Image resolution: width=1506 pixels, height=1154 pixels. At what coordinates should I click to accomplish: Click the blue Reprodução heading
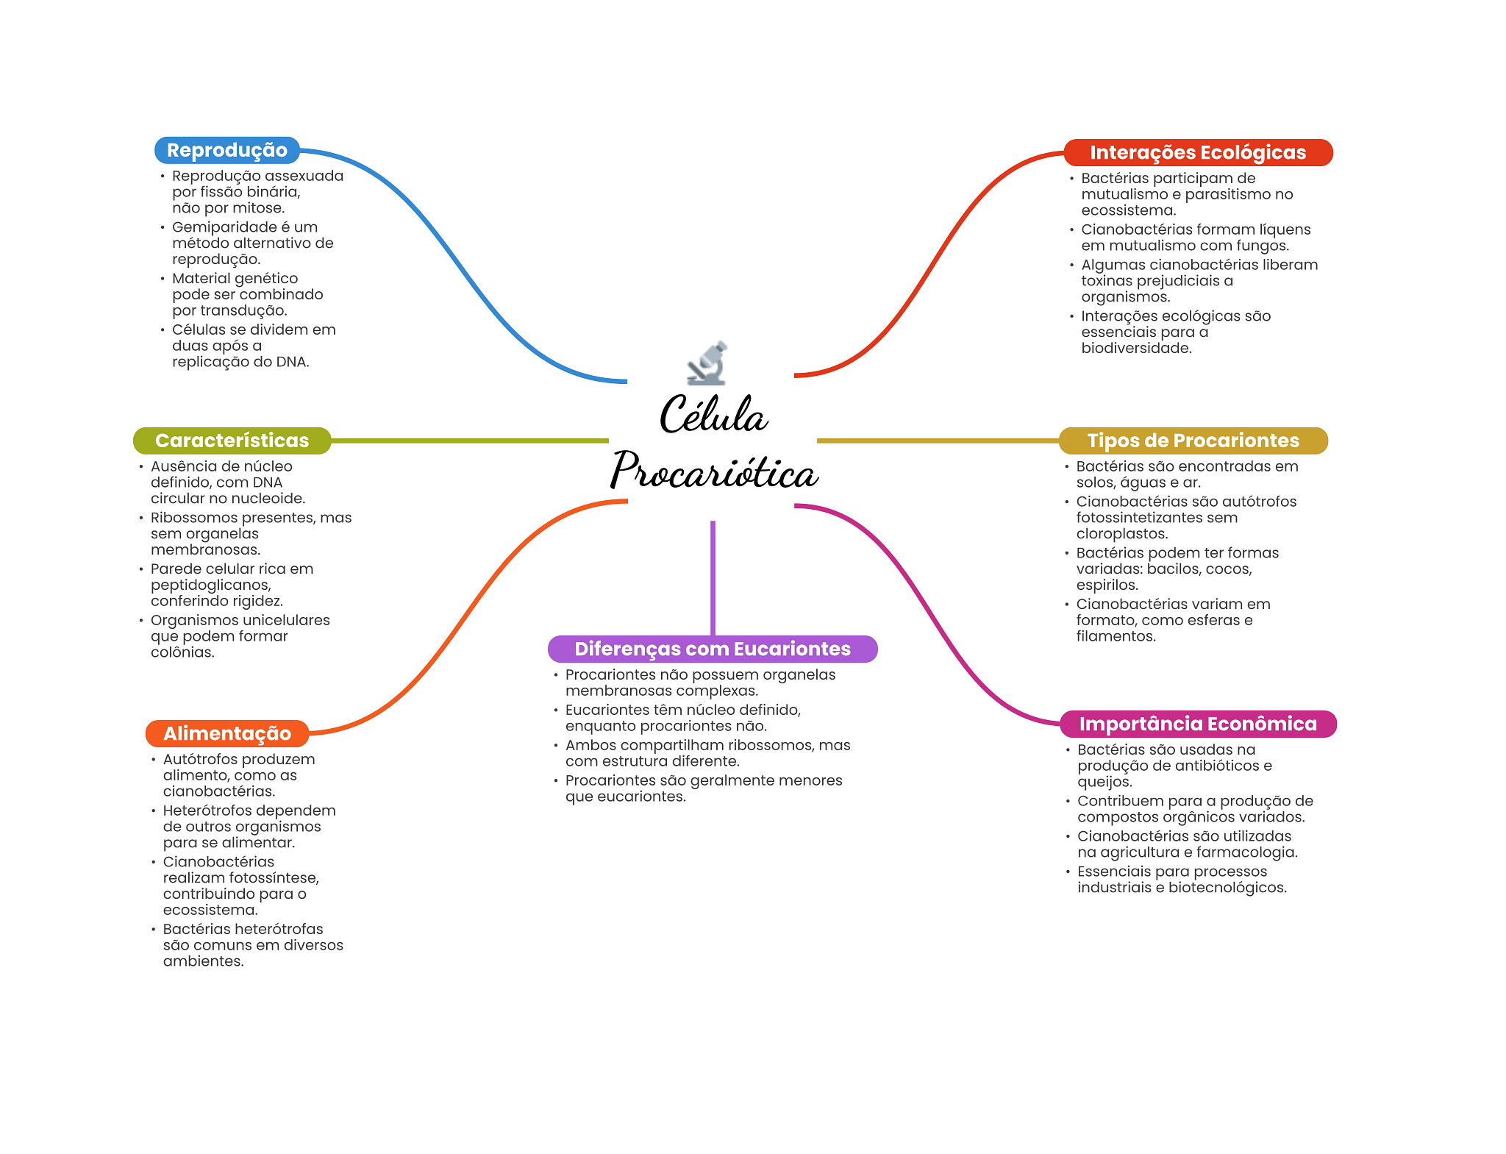click(226, 150)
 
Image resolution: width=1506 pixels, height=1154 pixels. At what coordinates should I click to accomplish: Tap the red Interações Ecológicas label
click(1197, 152)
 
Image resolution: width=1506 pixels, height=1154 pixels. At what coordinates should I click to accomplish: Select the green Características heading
click(232, 441)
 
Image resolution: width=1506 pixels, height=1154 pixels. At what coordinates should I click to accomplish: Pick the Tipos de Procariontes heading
click(1193, 441)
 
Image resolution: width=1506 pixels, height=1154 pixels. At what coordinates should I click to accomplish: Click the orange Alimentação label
click(226, 733)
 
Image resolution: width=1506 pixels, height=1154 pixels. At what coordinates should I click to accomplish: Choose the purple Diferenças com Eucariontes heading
click(712, 649)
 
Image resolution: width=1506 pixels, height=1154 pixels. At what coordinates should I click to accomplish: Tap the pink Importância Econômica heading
click(1197, 724)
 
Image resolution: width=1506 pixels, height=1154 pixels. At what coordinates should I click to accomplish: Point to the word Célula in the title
click(713, 416)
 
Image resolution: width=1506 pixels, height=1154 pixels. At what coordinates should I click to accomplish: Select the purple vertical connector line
click(713, 577)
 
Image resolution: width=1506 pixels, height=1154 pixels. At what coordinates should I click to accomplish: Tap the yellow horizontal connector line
click(938, 441)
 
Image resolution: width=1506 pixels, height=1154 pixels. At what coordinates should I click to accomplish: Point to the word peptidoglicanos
click(210, 585)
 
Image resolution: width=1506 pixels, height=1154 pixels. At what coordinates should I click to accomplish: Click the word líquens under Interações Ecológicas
click(1284, 229)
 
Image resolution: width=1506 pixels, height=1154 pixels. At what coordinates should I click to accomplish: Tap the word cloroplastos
click(1121, 534)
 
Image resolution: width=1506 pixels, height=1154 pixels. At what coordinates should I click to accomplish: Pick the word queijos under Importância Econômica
click(1104, 782)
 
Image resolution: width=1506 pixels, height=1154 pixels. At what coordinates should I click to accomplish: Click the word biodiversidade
click(1135, 348)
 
